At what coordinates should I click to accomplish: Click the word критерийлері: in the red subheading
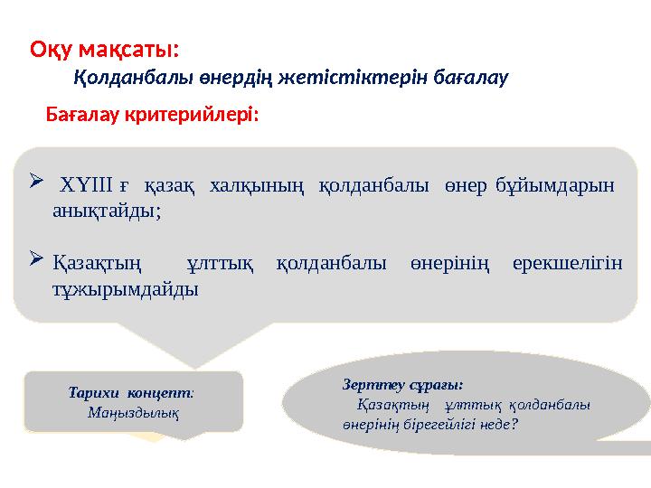click(200, 117)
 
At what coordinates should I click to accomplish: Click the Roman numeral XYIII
click(85, 187)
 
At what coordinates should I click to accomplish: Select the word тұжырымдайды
click(126, 289)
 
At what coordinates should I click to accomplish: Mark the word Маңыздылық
click(133, 412)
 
